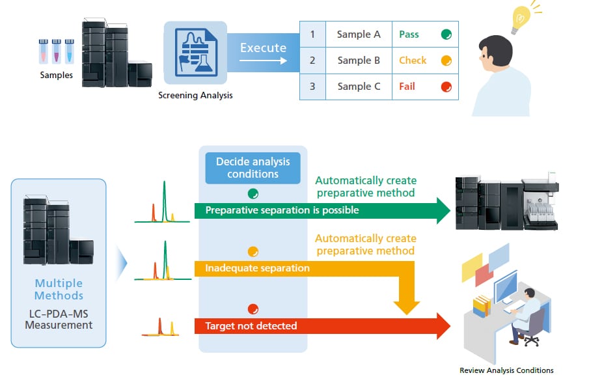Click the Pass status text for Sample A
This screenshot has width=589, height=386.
409,34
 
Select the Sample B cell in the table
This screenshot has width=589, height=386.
359,61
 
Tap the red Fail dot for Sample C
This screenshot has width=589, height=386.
446,87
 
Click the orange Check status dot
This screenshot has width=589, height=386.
446,61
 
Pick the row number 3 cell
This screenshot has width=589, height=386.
312,87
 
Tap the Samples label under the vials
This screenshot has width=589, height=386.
57,76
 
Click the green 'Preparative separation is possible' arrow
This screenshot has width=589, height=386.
322,210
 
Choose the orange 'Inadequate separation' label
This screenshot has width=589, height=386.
258,268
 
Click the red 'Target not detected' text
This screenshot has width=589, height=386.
251,325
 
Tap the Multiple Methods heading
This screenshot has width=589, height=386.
59,290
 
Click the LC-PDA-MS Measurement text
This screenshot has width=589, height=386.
59,319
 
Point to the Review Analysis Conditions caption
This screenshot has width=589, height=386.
506,370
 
